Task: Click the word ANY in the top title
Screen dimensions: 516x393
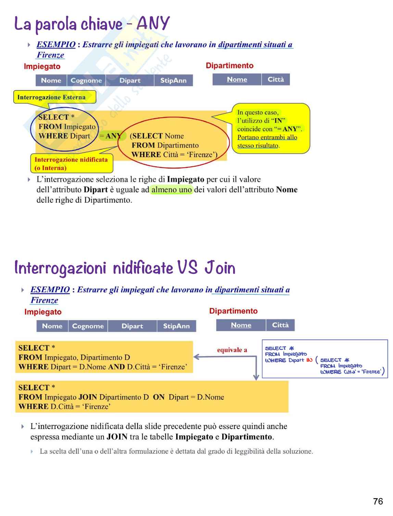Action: tap(153, 24)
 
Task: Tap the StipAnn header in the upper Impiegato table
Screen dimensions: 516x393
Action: tap(173, 81)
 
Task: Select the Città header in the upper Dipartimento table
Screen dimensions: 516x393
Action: tap(276, 79)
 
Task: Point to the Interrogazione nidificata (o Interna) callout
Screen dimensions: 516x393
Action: tap(71, 163)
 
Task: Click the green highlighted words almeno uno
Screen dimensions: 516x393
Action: tap(172, 190)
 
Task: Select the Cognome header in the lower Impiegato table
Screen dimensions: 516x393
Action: tap(88, 326)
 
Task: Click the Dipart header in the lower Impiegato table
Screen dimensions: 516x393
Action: tap(132, 326)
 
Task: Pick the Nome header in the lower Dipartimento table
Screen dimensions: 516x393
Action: tap(241, 325)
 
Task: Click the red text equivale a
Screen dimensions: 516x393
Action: tap(232, 350)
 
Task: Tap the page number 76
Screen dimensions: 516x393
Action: tap(378, 502)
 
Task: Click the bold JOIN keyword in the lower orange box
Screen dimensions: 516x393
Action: tap(88, 397)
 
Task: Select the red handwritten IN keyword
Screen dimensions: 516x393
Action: tap(309, 360)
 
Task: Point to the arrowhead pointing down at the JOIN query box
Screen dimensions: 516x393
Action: tap(256, 377)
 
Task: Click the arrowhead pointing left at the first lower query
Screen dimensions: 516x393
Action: tap(196, 357)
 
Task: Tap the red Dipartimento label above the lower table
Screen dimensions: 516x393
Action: tap(233, 311)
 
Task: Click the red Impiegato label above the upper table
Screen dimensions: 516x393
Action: tap(42, 66)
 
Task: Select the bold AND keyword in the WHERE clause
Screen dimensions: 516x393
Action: tap(116, 367)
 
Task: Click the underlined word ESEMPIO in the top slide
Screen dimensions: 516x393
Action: tap(56, 45)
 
